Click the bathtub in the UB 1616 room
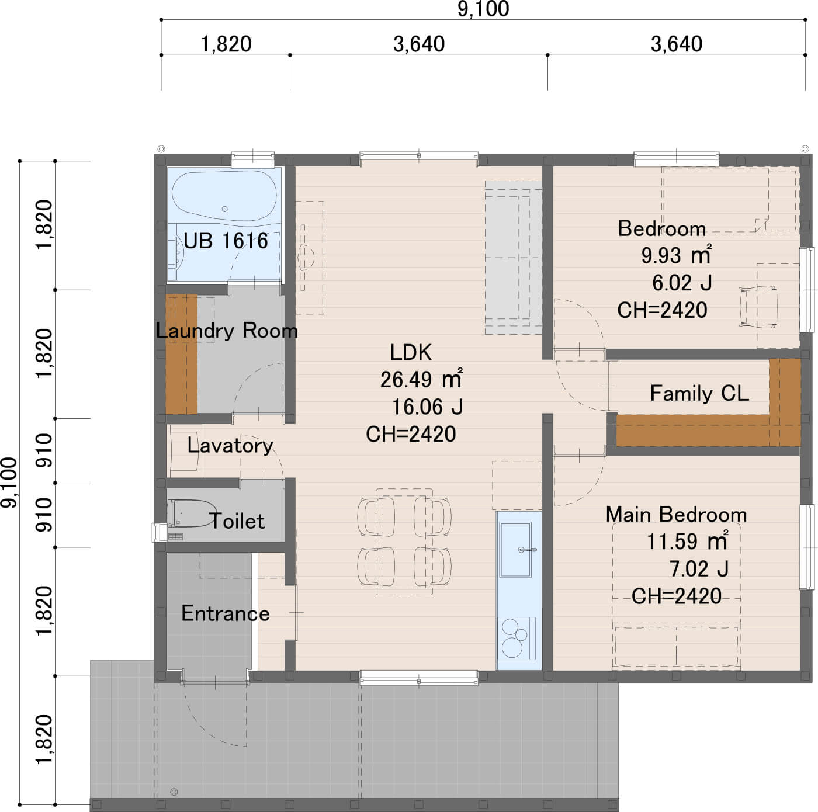[224, 196]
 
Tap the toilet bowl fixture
[192, 513]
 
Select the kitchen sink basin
[515, 549]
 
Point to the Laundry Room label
[227, 331]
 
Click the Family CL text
[699, 393]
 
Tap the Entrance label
[226, 613]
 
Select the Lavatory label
[230, 445]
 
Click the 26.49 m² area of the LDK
[421, 379]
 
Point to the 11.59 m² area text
[687, 541]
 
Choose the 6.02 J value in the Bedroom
[682, 283]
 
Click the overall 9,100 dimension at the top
[483, 9]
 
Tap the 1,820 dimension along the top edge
[226, 44]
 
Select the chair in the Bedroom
[758, 306]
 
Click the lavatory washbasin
[184, 451]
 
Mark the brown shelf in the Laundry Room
[181, 354]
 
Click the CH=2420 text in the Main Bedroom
[676, 596]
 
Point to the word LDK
[411, 352]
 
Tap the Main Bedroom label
[676, 515]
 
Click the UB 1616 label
[226, 241]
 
